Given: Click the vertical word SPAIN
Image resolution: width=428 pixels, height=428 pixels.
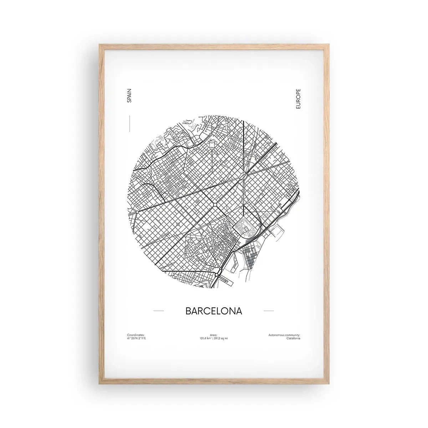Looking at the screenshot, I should [129, 96].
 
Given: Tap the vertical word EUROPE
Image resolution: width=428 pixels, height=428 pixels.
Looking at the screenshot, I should [298, 99].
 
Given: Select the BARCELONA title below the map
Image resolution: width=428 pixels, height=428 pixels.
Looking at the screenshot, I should [214, 311].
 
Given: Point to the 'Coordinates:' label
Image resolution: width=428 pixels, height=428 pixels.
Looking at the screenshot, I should [136, 335].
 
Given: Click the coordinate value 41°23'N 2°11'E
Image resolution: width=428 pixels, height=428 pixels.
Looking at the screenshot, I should [137, 338].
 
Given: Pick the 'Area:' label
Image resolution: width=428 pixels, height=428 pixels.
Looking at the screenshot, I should [214, 335].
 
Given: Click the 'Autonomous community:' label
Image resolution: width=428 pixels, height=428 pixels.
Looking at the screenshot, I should [284, 335].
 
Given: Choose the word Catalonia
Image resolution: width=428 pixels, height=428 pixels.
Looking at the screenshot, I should [293, 338].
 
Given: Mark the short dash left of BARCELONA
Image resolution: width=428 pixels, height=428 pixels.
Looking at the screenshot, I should [158, 311].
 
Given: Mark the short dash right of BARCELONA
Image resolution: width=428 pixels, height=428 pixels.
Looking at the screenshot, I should [269, 311].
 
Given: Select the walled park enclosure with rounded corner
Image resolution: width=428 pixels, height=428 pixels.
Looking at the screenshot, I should [246, 226].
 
